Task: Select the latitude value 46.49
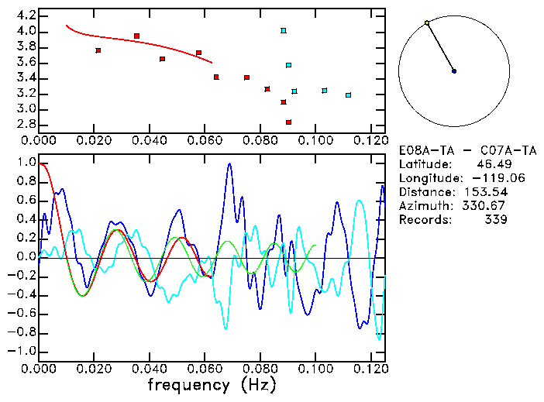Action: [x=491, y=164]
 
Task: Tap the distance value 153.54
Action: [x=484, y=192]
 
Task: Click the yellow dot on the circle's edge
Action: [x=427, y=23]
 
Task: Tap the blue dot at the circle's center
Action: [x=454, y=71]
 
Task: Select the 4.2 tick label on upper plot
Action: [x=26, y=15]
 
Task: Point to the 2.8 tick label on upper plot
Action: [x=26, y=124]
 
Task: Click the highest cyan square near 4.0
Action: [x=284, y=31]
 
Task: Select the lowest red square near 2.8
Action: [x=288, y=122]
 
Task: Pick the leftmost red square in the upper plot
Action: [x=98, y=50]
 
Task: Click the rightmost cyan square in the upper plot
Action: [x=349, y=95]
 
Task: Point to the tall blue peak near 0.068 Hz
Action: [x=229, y=164]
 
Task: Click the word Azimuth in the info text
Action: [x=422, y=206]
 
